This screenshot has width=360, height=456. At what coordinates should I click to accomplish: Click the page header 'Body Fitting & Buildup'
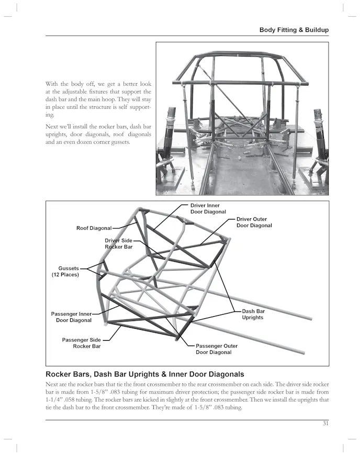(294, 30)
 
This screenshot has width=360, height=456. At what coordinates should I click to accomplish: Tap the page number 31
(325, 424)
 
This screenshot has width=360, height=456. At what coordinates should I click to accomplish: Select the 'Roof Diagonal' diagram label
(94, 228)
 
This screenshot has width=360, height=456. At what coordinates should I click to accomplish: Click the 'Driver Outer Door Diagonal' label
(254, 223)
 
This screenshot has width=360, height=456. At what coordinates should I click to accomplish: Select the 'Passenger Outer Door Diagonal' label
(217, 349)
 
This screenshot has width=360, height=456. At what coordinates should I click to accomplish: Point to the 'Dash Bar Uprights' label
(253, 315)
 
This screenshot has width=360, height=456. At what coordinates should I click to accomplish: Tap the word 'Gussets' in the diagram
(69, 268)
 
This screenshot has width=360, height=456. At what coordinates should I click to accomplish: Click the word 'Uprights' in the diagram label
(253, 318)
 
